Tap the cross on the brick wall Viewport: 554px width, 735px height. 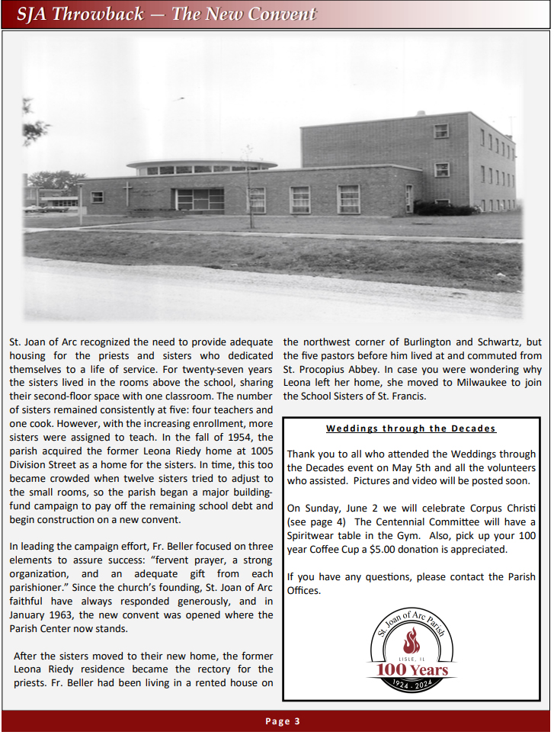point(127,193)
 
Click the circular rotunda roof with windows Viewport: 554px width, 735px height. point(201,165)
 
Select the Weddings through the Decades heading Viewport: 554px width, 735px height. point(411,428)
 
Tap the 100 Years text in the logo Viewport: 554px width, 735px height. point(411,670)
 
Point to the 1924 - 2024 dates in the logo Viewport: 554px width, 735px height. point(411,687)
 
